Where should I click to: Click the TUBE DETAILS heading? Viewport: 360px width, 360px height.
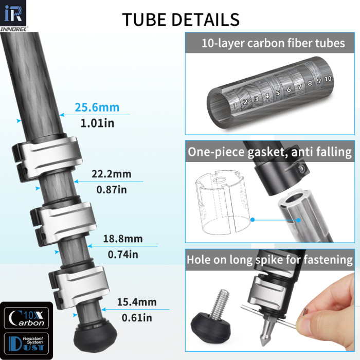tap(181, 19)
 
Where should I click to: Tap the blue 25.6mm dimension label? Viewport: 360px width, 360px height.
tap(97, 107)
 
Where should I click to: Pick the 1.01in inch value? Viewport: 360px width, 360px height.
tap(97, 123)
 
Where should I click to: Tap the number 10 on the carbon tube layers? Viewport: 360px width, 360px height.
tap(328, 78)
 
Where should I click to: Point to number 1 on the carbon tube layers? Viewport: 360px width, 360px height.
tap(235, 105)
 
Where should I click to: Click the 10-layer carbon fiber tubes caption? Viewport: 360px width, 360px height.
tap(273, 43)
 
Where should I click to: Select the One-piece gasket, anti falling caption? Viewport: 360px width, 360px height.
tap(270, 152)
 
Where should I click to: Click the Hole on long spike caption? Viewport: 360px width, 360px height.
tap(270, 260)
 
